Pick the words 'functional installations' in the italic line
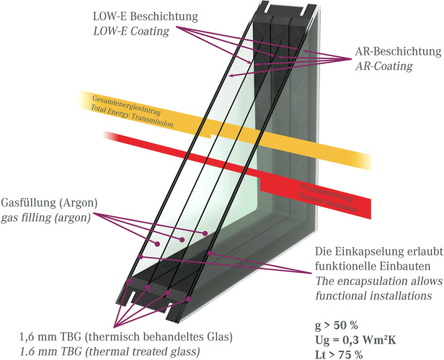pos(368,295)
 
